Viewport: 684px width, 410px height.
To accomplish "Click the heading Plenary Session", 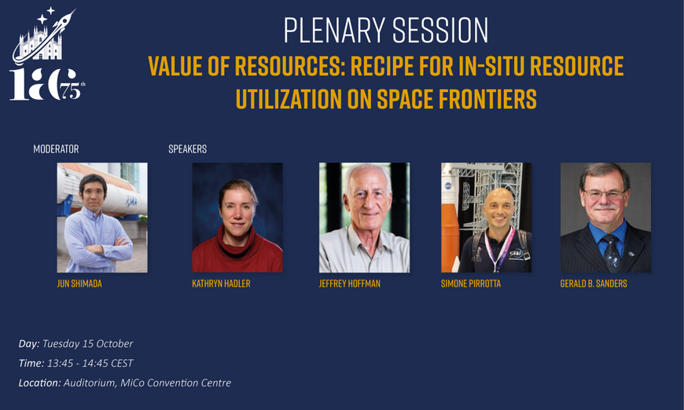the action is pyautogui.click(x=385, y=31).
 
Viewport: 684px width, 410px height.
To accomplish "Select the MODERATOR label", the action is pyautogui.click(x=57, y=149).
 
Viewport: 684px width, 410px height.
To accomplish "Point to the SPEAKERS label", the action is pyautogui.click(x=188, y=149).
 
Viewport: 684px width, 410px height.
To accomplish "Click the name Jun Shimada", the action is pyautogui.click(x=79, y=284).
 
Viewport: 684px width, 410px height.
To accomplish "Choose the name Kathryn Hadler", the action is pyautogui.click(x=221, y=284).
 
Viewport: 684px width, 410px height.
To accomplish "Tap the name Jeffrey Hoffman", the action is pyautogui.click(x=349, y=284).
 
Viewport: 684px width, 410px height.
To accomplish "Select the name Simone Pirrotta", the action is pyautogui.click(x=471, y=284).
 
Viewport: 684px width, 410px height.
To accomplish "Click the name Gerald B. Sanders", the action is pyautogui.click(x=594, y=284).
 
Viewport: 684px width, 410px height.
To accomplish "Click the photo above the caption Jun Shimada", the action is pyautogui.click(x=102, y=218).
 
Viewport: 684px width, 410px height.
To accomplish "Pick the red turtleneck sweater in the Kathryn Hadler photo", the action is pyautogui.click(x=237, y=252).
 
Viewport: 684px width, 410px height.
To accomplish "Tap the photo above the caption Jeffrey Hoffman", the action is pyautogui.click(x=364, y=218).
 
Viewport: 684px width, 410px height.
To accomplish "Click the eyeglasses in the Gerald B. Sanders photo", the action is pyautogui.click(x=604, y=194).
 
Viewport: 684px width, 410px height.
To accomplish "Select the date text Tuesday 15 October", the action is pyautogui.click(x=88, y=344).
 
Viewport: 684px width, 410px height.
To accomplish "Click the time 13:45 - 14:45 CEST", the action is pyautogui.click(x=90, y=363).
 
